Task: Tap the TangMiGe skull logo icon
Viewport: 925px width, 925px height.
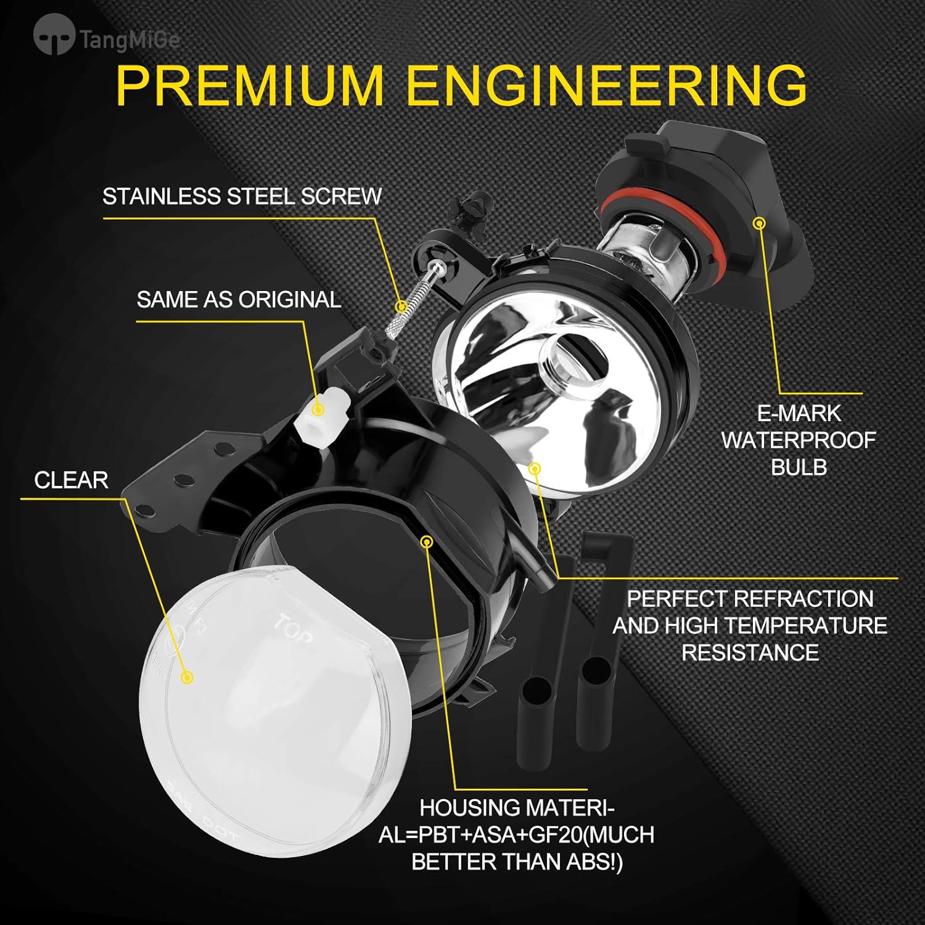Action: pyautogui.click(x=54, y=36)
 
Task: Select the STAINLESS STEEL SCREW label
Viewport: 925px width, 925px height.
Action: pyautogui.click(x=242, y=197)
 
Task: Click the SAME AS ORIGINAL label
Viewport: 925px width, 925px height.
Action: pyautogui.click(x=239, y=300)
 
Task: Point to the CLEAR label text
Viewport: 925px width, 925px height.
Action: pyautogui.click(x=71, y=480)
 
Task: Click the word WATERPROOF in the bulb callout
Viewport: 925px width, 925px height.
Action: pyautogui.click(x=799, y=440)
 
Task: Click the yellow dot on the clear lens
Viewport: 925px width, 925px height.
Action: pyautogui.click(x=188, y=678)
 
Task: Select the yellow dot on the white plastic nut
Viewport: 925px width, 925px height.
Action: pyautogui.click(x=318, y=409)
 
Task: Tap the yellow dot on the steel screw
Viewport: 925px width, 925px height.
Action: pyautogui.click(x=401, y=306)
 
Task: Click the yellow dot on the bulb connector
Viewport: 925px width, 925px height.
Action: pyautogui.click(x=760, y=223)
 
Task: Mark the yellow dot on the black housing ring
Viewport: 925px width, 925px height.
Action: pyautogui.click(x=427, y=542)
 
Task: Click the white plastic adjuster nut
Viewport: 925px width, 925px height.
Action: pyautogui.click(x=321, y=419)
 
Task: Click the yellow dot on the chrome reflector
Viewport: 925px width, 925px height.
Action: pyautogui.click(x=535, y=469)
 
